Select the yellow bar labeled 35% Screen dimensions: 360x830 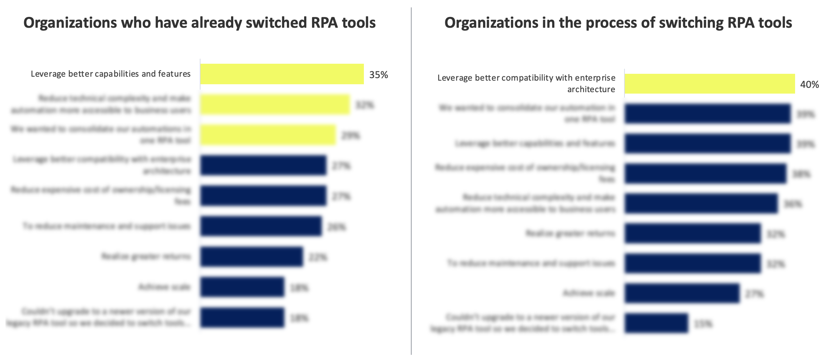282,74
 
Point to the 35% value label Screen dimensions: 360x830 379,75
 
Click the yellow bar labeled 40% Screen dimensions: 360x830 709,84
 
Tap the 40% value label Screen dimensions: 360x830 809,85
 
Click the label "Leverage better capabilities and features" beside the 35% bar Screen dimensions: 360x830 110,74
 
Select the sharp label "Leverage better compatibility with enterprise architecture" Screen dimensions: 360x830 526,83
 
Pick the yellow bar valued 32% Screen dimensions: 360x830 275,105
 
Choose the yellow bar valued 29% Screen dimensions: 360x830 268,135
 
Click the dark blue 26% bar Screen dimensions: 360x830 261,226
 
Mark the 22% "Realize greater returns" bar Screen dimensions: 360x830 251,257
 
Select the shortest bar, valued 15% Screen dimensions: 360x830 656,323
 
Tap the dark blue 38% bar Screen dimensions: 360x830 705,174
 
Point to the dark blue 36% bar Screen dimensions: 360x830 701,204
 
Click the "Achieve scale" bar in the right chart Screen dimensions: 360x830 682,293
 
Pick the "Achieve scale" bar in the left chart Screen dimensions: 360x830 242,287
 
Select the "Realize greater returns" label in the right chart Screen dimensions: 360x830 570,233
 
